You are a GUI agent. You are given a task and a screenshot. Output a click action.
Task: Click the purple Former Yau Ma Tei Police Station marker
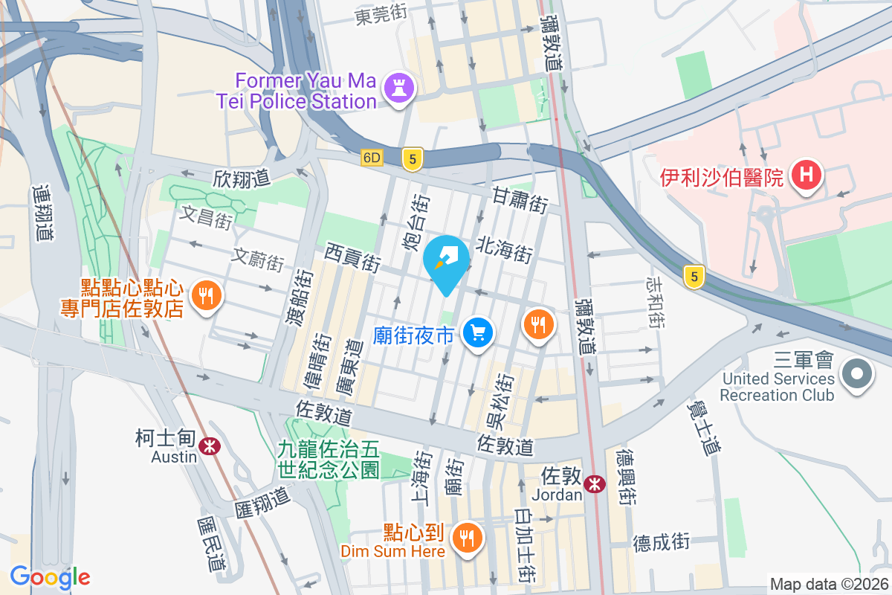click(x=399, y=90)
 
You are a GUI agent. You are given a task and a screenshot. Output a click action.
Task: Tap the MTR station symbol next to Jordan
click(x=594, y=483)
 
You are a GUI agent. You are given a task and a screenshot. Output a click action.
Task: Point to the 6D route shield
click(x=372, y=158)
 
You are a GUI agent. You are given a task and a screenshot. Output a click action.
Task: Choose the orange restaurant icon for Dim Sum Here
click(x=467, y=538)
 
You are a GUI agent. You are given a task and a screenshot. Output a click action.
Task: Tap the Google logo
click(x=50, y=576)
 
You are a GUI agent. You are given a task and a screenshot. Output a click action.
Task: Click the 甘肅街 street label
click(x=520, y=199)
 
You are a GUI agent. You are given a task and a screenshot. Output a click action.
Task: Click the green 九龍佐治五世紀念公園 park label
click(x=329, y=459)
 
